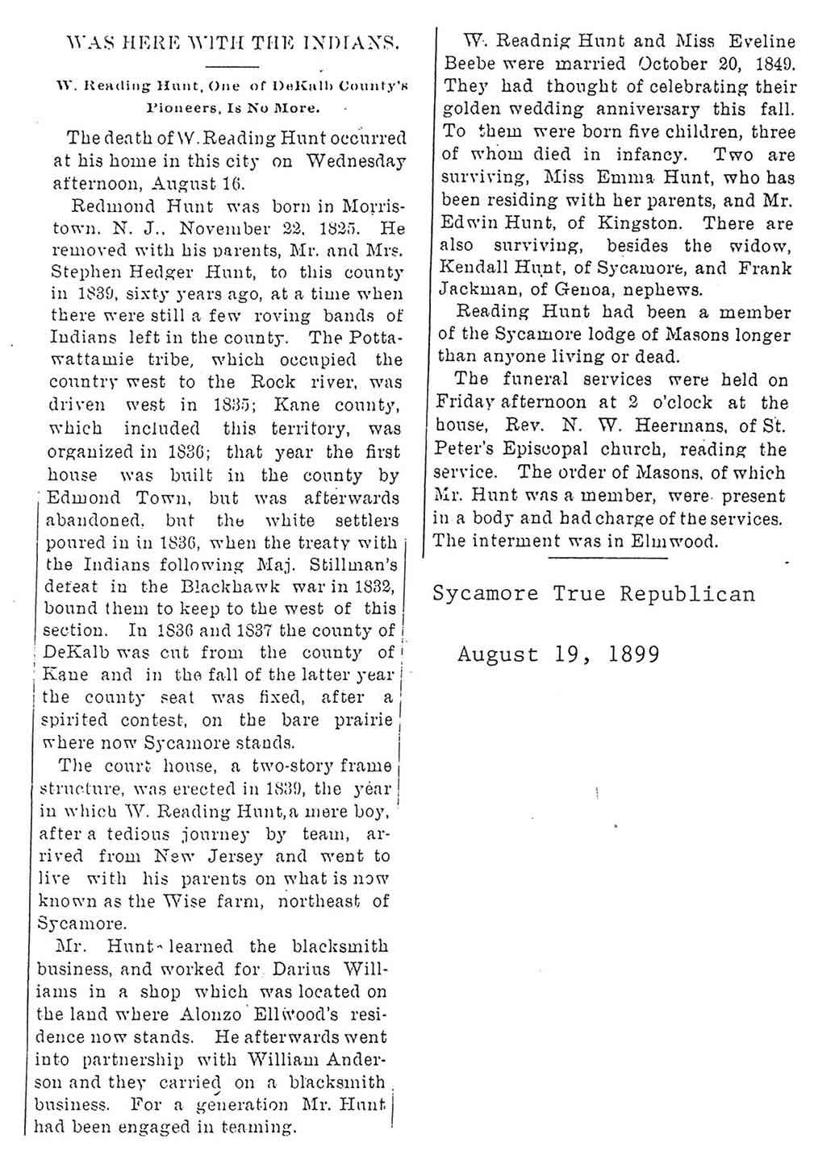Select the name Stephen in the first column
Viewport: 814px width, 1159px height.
click(x=81, y=272)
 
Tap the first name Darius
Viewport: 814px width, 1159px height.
click(x=304, y=968)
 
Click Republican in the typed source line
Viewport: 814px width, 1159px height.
click(x=688, y=595)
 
